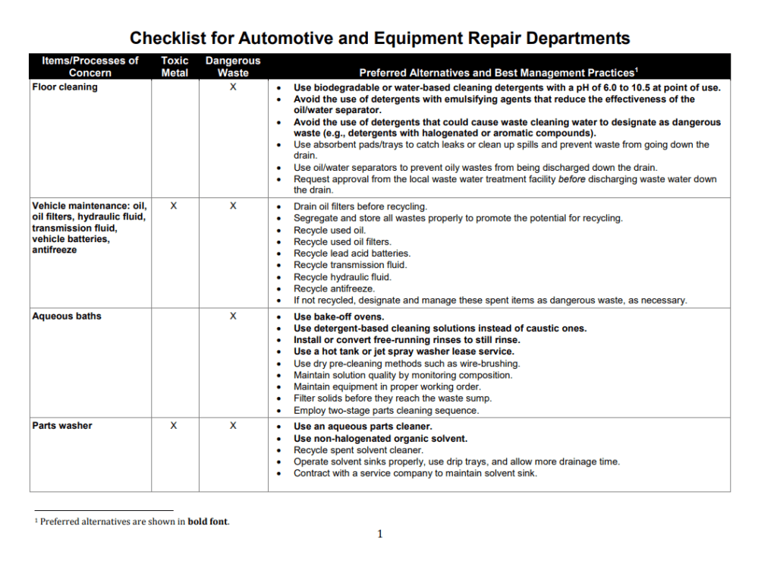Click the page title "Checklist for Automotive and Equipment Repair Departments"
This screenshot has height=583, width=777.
pos(379,38)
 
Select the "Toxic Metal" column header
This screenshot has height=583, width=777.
pos(175,67)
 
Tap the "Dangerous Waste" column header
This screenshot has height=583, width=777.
pos(232,67)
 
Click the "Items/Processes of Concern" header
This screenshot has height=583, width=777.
pos(90,67)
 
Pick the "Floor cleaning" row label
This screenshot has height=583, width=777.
pos(64,87)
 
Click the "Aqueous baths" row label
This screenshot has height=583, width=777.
pos(66,317)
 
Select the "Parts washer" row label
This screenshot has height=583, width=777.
pos(61,426)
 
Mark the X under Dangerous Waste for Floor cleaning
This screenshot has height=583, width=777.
pos(233,87)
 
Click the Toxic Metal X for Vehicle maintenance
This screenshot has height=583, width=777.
pos(174,206)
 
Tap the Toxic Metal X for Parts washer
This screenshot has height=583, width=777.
pos(174,426)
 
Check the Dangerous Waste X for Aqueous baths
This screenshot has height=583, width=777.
pos(233,317)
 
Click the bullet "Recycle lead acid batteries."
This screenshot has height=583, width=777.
pos(352,254)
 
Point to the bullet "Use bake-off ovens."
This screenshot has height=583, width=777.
pos(338,317)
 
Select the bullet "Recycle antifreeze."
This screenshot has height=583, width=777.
pos(334,288)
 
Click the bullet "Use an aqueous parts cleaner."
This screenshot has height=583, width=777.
pos(363,427)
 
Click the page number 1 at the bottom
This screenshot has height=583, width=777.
pos(380,534)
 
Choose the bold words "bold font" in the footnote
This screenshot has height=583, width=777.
pos(208,522)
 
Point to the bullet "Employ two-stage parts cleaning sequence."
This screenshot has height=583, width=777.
pos(386,411)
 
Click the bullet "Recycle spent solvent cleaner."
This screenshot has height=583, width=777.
pos(358,450)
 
